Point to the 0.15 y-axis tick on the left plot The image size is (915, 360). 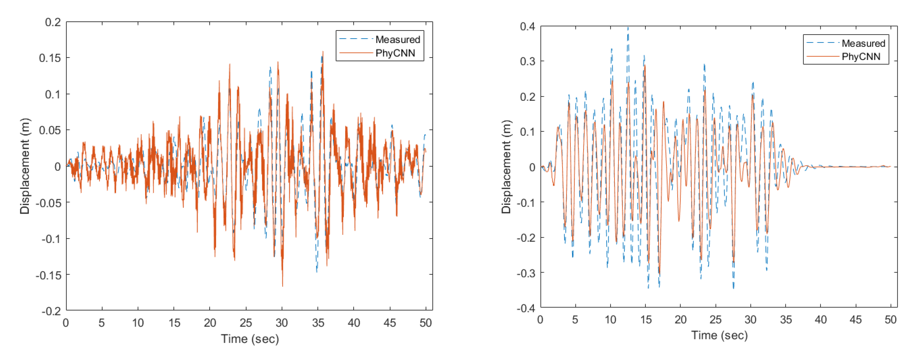coord(50,58)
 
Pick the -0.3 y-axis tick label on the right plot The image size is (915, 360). coord(526,273)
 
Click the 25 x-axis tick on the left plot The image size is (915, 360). coord(246,323)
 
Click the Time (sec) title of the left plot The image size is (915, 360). coord(250,339)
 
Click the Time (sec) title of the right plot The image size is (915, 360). coord(719,335)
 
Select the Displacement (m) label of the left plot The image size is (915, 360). coord(24,166)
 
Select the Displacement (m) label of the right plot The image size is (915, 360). coord(506,167)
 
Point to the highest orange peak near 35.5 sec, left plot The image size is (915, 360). coord(323,52)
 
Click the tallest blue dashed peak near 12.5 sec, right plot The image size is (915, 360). coord(628,28)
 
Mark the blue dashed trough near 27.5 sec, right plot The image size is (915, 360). coord(734,288)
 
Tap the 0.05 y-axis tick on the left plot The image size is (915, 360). coord(50,130)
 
